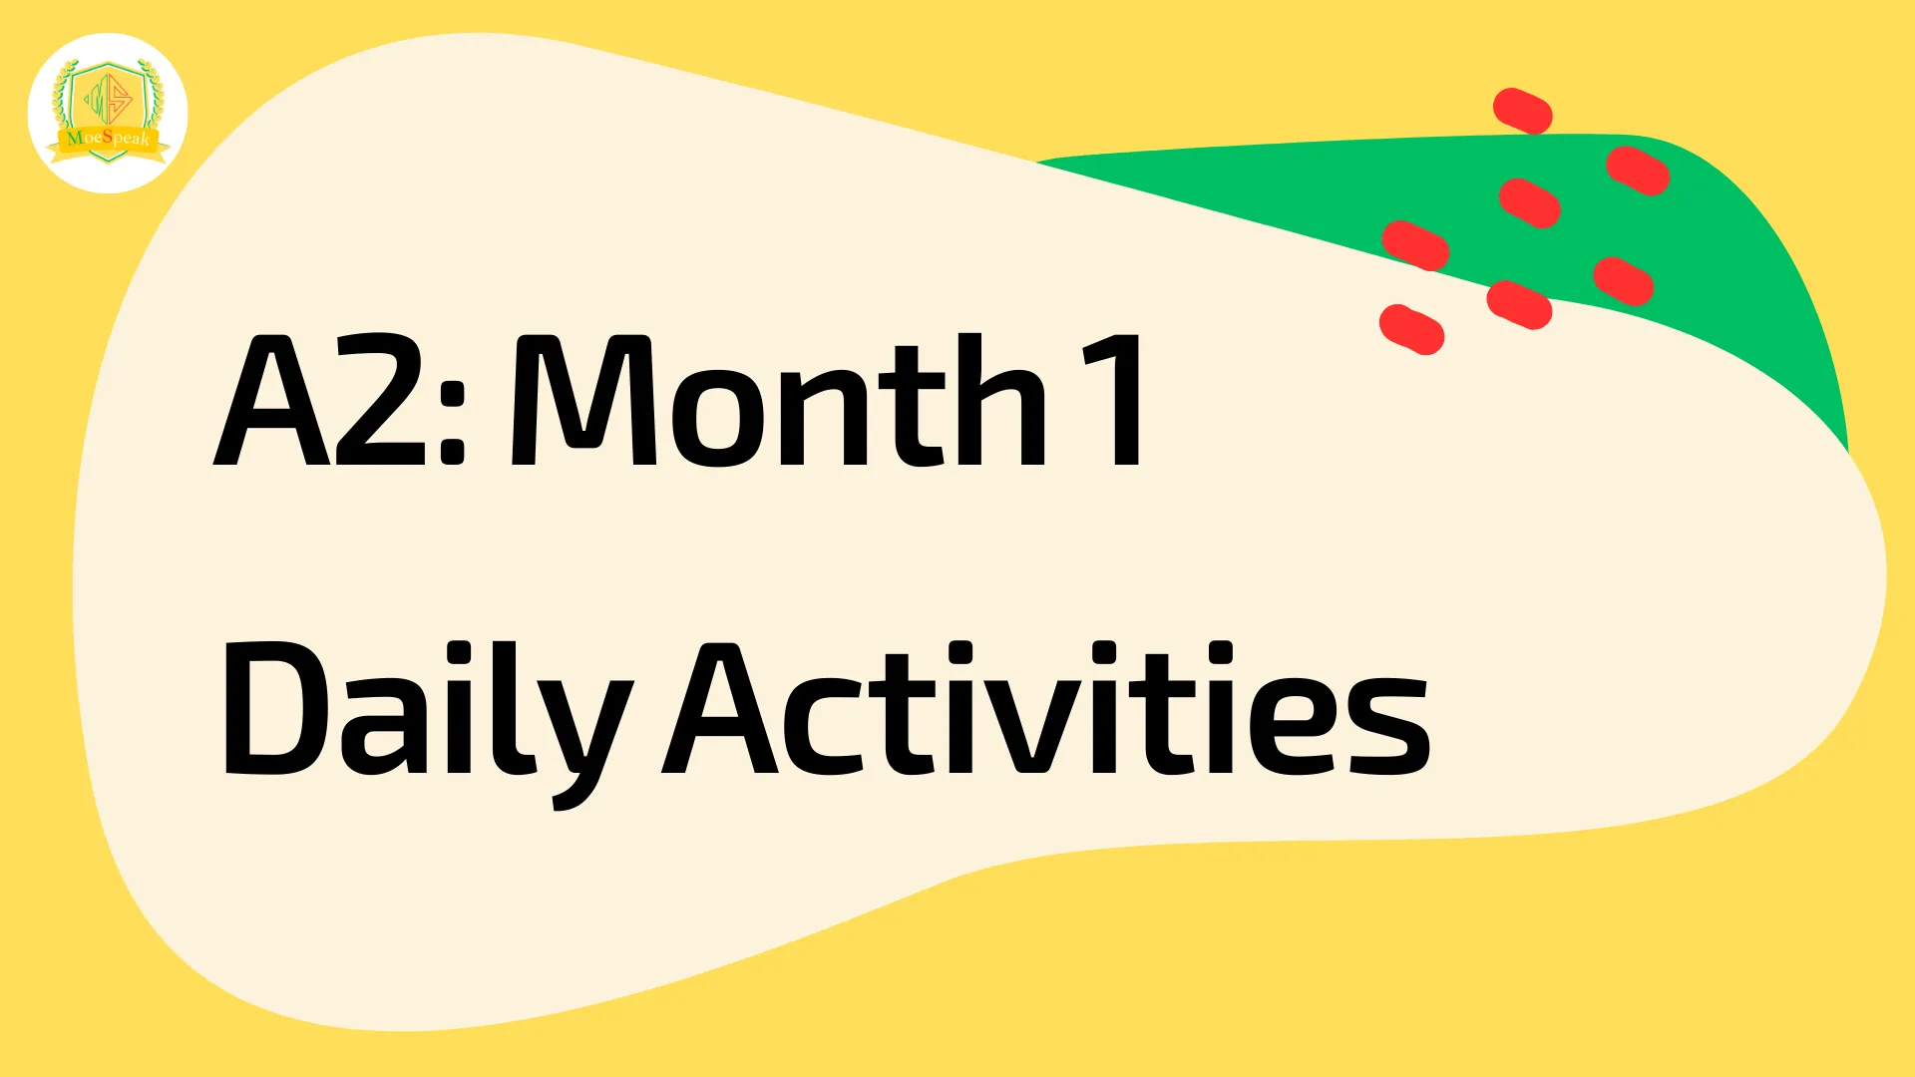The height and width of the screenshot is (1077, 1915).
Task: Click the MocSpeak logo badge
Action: coord(108,113)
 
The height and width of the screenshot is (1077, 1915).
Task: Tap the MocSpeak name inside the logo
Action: coord(108,138)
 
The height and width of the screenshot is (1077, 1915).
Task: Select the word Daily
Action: coord(426,710)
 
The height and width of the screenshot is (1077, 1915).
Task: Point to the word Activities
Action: coord(1046,710)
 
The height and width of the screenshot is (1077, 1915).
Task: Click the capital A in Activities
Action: coord(720,710)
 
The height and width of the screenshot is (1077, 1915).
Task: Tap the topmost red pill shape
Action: coord(1523,111)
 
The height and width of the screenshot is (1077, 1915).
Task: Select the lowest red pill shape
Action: coord(1412,329)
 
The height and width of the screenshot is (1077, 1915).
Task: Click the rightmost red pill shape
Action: coord(1638,171)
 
